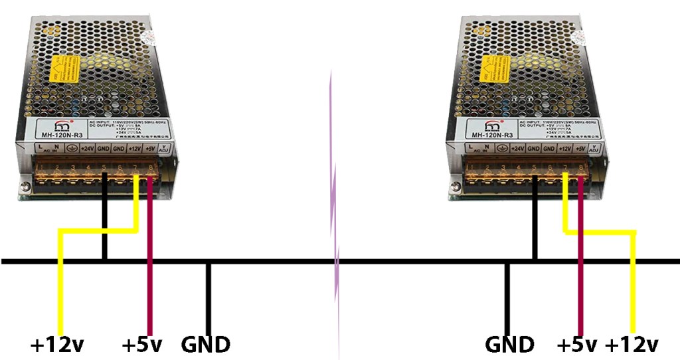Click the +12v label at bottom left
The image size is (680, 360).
pos(57,345)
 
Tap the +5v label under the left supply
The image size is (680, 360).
pos(142,345)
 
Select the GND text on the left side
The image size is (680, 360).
pos(206,345)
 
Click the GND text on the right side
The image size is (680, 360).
pos(509,345)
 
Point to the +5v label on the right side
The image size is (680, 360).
pos(577,345)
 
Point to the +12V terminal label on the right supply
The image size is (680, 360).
pos(565,149)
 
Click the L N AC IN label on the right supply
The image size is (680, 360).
pos(477,149)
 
